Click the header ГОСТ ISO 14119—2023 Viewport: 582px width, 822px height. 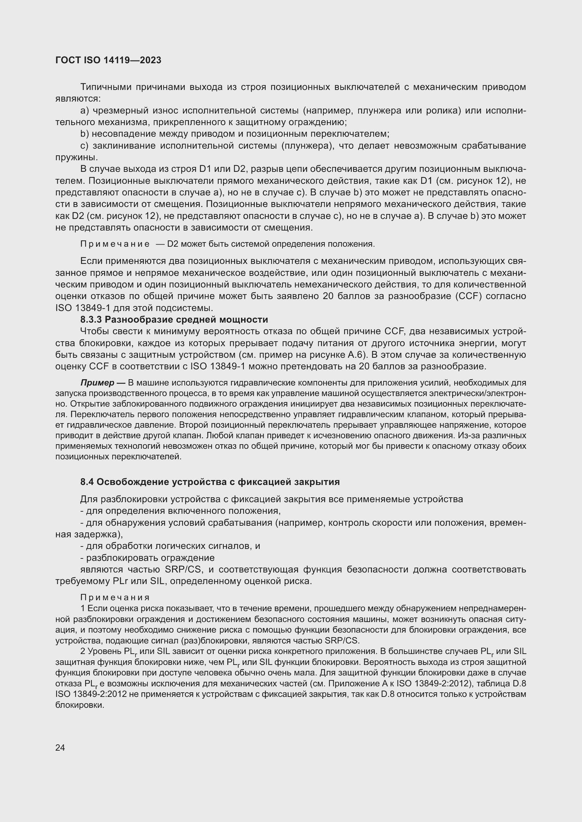pos(108,60)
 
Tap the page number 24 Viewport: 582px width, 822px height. pos(60,747)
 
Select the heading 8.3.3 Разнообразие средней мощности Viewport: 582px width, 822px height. pos(174,319)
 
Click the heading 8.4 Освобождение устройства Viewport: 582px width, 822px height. pos(210,482)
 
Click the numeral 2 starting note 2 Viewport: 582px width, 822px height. pos(83,651)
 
